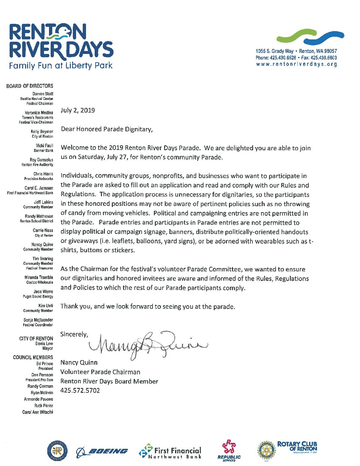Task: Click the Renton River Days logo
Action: tap(61, 46)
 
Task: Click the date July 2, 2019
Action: tap(78, 111)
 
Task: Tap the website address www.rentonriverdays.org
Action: tap(296, 64)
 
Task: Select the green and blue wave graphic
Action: tap(310, 37)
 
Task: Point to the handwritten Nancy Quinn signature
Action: tap(148, 344)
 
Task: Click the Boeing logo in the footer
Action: tap(102, 451)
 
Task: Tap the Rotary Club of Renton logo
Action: tap(287, 450)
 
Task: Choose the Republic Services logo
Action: tap(229, 450)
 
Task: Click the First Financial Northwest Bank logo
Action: tap(170, 451)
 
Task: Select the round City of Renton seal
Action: tap(58, 451)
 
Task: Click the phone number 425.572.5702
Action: tap(80, 391)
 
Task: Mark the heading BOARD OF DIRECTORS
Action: tap(29, 86)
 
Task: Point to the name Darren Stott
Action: tap(43, 94)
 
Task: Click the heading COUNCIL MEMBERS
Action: tap(33, 357)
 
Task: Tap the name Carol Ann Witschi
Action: tap(38, 412)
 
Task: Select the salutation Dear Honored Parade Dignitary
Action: tap(107, 129)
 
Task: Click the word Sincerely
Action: tap(74, 334)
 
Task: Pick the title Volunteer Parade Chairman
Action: tap(100, 372)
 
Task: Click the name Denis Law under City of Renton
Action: tap(44, 344)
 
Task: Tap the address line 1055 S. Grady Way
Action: tap(275, 51)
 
